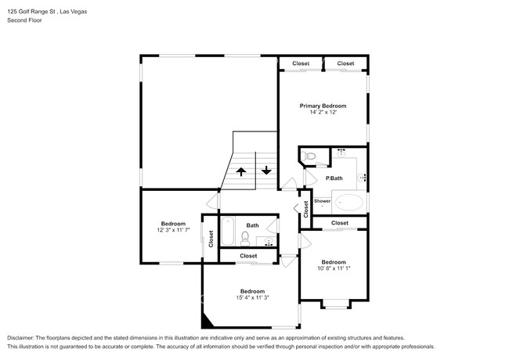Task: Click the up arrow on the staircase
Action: point(241,170)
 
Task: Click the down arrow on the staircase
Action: point(266,170)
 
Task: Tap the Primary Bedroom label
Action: point(323,106)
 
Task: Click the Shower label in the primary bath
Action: point(323,201)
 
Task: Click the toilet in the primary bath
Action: point(309,159)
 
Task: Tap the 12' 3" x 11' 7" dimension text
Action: point(174,230)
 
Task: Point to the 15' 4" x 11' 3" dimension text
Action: point(252,297)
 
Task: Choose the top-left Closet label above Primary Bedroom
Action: point(301,63)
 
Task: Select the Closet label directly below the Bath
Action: point(248,256)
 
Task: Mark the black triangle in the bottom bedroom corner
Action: point(208,320)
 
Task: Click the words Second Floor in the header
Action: point(24,20)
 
